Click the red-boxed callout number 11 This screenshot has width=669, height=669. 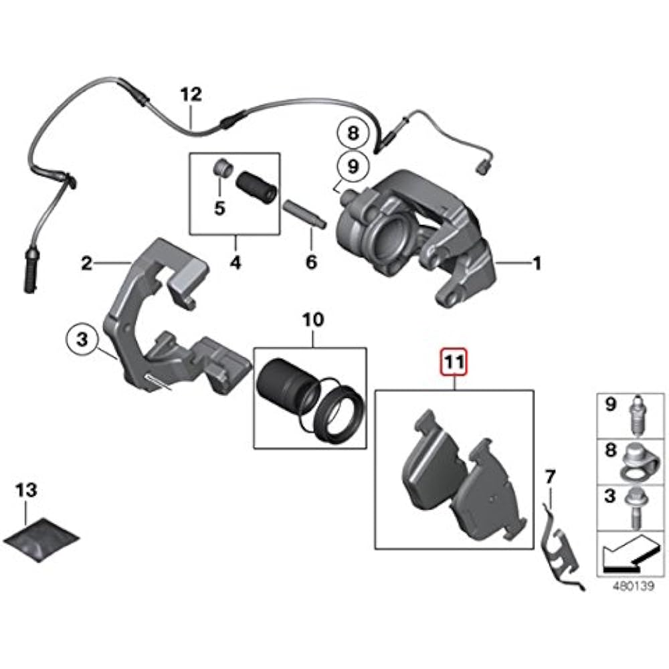[455, 363]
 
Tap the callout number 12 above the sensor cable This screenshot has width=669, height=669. [191, 94]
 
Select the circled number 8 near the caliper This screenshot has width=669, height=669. [353, 133]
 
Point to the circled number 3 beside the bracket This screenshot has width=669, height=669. [82, 341]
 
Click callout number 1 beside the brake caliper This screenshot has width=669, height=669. [536, 264]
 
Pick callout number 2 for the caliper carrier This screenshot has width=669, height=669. [86, 264]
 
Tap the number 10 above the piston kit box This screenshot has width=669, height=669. [312, 320]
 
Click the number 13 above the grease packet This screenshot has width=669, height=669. [27, 491]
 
